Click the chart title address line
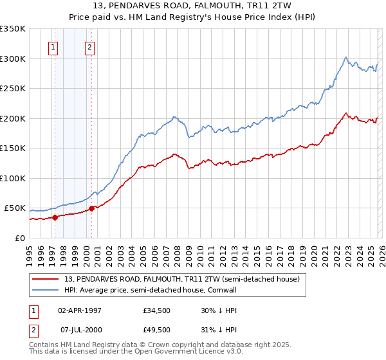[x=193, y=6]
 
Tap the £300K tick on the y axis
[x=13, y=59]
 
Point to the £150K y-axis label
[x=13, y=148]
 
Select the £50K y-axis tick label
[x=15, y=208]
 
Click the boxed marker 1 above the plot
[x=53, y=46]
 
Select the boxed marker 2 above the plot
[x=89, y=46]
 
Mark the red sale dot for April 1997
[x=55, y=217]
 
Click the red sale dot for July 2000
[x=92, y=208]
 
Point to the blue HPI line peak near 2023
[x=346, y=57]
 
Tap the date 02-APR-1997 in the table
[x=80, y=310]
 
